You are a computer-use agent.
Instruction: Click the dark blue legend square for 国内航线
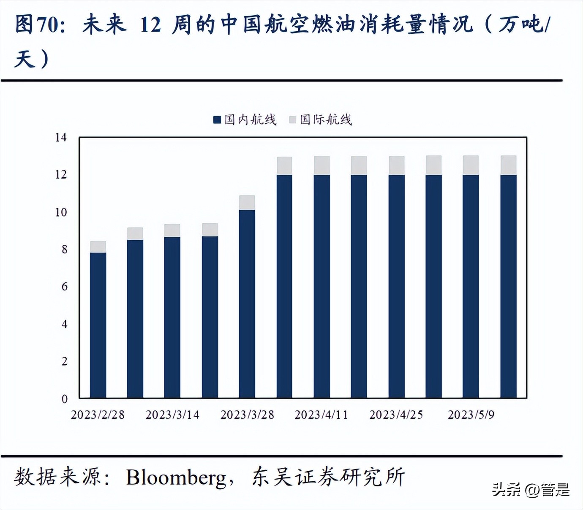click(217, 120)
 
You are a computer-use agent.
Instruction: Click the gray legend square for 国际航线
click(292, 120)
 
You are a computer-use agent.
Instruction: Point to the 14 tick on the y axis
click(61, 138)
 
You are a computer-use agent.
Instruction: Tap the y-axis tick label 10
click(61, 212)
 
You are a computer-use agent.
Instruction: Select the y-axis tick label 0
click(64, 399)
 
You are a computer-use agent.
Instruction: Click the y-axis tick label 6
click(64, 287)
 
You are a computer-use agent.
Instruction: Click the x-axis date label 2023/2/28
click(98, 415)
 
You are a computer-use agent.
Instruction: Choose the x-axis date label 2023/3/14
click(172, 415)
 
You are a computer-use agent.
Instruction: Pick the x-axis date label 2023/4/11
click(321, 415)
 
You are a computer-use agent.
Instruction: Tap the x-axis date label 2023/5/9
click(471, 415)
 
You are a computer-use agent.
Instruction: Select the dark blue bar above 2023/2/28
click(98, 325)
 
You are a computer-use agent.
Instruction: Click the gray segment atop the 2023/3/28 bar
click(247, 203)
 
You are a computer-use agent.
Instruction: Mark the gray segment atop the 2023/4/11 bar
click(322, 165)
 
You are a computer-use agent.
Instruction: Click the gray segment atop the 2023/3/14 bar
click(172, 231)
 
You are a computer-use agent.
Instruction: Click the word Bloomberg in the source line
click(176, 477)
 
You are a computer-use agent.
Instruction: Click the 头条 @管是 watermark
click(531, 490)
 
